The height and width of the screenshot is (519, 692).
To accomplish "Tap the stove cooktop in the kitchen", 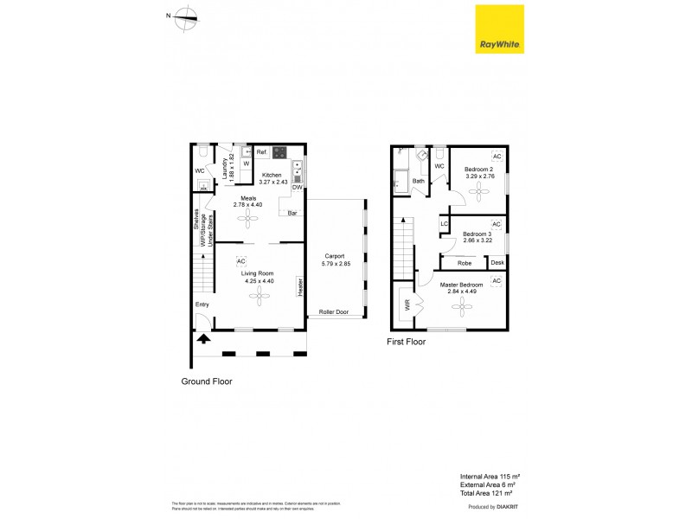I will click(x=279, y=153).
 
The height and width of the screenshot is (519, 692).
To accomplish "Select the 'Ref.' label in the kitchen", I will click(x=261, y=152).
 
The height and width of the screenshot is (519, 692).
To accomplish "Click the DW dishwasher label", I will click(x=297, y=187).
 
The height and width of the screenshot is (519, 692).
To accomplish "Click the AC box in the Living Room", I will click(x=241, y=260).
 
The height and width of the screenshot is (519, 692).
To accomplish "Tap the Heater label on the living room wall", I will click(x=299, y=287).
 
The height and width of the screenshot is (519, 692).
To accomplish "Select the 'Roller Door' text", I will click(x=333, y=311).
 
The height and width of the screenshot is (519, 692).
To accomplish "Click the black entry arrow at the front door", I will click(x=203, y=338).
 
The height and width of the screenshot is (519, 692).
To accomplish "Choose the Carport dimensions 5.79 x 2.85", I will click(x=334, y=263).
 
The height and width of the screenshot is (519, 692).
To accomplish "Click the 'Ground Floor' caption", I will click(x=206, y=381).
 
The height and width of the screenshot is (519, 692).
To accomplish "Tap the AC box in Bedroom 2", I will click(x=497, y=157).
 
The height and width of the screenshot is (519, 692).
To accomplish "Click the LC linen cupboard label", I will click(x=444, y=224).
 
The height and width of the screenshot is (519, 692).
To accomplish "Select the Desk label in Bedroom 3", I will click(x=497, y=262).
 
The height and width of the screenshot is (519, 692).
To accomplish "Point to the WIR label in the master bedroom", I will click(x=405, y=305).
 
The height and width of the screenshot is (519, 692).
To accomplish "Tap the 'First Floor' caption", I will click(x=406, y=342).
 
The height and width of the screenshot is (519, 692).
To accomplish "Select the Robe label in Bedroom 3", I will click(x=464, y=262).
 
